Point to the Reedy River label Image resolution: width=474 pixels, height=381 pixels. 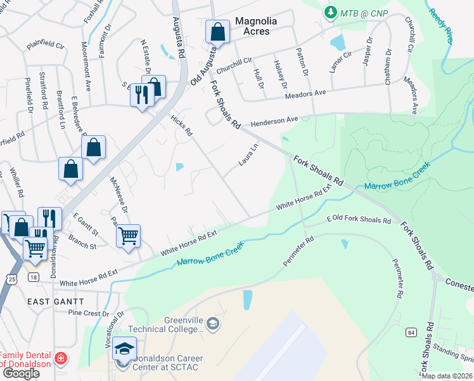[x=441, y=25]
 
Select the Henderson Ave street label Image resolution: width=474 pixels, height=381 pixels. [x=274, y=121]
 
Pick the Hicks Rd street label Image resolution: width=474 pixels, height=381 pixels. [x=181, y=125]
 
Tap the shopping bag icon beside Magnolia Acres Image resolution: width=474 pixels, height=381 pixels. [x=217, y=31]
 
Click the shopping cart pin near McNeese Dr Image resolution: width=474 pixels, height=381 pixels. [x=128, y=236]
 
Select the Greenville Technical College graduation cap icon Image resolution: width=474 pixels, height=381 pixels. [x=214, y=324]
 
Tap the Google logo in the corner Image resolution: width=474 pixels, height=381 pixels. [x=21, y=373]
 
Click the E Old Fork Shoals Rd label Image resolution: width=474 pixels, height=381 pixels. [x=359, y=220]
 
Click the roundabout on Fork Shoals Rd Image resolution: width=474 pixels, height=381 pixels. [x=436, y=277]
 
